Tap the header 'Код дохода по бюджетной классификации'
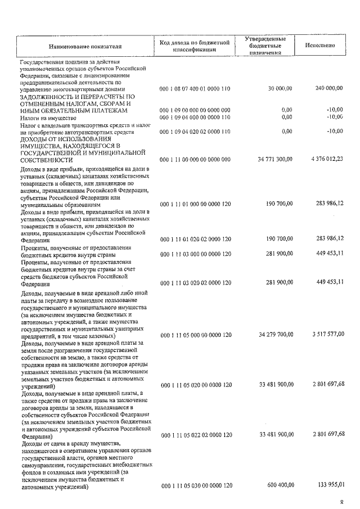click(195, 46)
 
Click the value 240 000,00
click(328, 88)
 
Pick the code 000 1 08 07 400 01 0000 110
click(195, 88)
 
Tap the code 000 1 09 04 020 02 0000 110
click(195, 131)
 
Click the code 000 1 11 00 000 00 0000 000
click(195, 160)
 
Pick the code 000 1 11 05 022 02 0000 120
click(195, 435)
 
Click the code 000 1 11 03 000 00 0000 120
click(195, 254)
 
